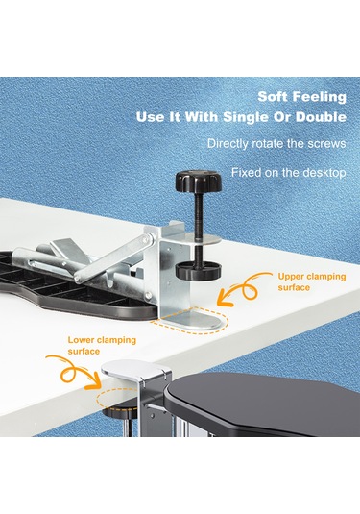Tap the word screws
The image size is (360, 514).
[324, 144]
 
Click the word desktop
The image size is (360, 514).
[322, 174]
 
